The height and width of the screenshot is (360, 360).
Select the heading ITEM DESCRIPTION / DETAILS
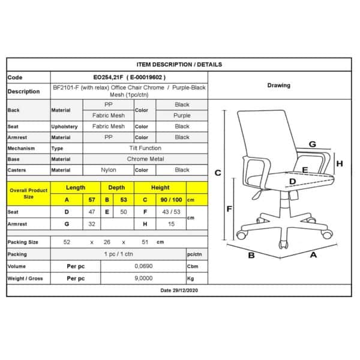point(179,64)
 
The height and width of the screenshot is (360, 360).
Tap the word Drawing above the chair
point(278,85)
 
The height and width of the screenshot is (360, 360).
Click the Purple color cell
point(182,115)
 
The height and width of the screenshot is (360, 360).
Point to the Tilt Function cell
point(145,148)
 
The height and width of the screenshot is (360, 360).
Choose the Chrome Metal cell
point(145,159)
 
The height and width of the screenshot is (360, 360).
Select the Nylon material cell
point(108,170)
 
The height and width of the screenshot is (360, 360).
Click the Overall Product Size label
point(28,193)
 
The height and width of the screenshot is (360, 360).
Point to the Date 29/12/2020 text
point(179,290)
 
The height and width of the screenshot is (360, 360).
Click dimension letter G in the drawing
point(313,144)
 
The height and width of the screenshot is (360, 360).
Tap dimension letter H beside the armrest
point(339,163)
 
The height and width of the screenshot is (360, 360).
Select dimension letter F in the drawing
point(229,209)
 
